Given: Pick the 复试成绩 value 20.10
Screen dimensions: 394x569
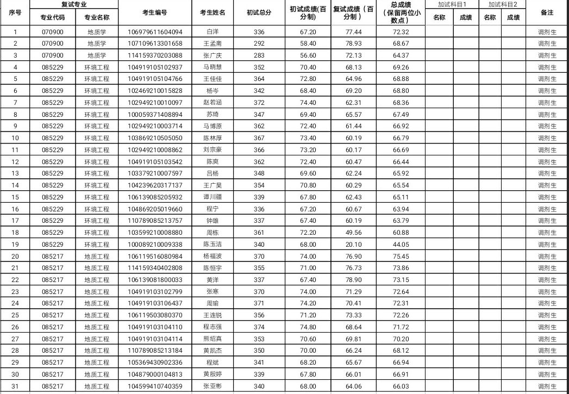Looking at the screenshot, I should click(x=353, y=245).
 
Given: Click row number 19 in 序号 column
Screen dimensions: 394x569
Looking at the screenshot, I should click(x=15, y=245).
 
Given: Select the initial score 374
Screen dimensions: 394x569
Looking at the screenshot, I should click(x=259, y=327).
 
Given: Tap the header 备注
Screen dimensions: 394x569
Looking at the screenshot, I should click(x=547, y=12).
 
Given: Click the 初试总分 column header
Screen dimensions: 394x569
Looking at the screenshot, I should click(x=259, y=12).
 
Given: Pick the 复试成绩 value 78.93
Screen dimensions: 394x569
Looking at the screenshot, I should click(x=353, y=43).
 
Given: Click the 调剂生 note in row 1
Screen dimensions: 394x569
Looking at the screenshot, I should click(x=547, y=32).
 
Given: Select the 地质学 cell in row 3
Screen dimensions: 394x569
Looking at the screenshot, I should click(x=97, y=55).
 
